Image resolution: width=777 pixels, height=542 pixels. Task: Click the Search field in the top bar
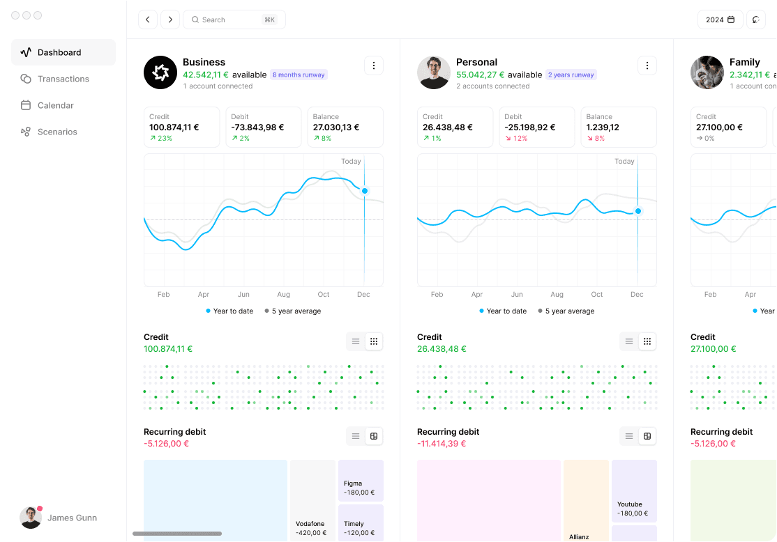234,20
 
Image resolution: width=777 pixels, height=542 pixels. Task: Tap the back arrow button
148,20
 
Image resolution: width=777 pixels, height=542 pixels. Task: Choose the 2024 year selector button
720,20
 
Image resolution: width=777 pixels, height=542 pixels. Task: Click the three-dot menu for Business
374,65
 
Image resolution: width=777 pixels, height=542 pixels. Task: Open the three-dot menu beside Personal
647,65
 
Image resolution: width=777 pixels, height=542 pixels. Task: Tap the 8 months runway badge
299,75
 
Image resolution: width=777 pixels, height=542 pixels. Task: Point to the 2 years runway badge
571,75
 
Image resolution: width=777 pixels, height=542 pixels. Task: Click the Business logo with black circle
160,72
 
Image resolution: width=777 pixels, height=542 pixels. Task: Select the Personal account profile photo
434,72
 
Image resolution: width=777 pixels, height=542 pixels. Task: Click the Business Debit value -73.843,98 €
257,127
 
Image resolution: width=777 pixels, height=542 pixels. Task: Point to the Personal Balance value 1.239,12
603,127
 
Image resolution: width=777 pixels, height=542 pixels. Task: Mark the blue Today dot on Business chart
365,191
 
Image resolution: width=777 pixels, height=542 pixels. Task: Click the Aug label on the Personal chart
557,295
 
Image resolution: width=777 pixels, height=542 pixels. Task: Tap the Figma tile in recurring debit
361,481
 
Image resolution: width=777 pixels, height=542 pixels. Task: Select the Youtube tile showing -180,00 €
634,491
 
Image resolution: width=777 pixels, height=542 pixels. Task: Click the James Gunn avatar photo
31,518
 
